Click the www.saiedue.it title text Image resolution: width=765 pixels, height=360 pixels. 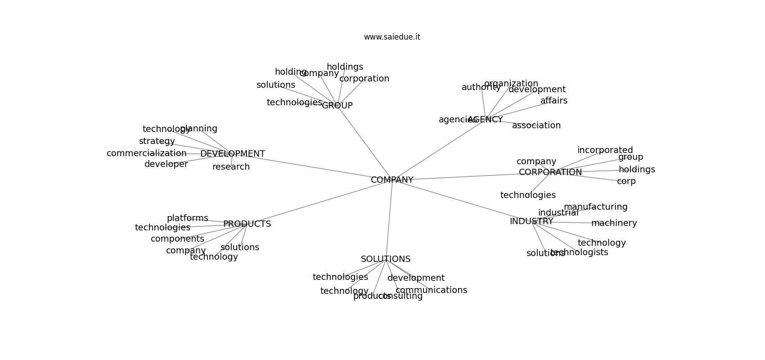pyautogui.click(x=392, y=37)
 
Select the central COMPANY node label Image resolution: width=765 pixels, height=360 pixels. pyautogui.click(x=392, y=180)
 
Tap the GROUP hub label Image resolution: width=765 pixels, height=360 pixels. pyautogui.click(x=337, y=106)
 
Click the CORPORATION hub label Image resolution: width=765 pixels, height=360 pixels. pyautogui.click(x=550, y=172)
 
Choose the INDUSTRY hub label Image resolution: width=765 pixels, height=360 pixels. pyautogui.click(x=531, y=221)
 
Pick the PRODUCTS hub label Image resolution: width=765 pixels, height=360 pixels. pyautogui.click(x=247, y=224)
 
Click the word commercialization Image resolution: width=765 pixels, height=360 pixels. pyautogui.click(x=146, y=153)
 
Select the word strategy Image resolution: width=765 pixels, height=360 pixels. pyautogui.click(x=157, y=141)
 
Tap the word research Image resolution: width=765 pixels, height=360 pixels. pyautogui.click(x=231, y=167)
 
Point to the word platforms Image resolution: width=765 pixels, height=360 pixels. pyautogui.click(x=187, y=218)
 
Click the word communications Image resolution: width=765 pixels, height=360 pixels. pyautogui.click(x=431, y=290)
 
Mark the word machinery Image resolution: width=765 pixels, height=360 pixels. pyautogui.click(x=614, y=223)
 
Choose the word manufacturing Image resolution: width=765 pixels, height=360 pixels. pyautogui.click(x=595, y=207)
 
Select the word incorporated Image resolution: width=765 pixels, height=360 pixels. pyautogui.click(x=605, y=150)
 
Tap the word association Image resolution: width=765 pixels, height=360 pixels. pyautogui.click(x=536, y=126)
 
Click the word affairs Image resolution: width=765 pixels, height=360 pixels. pyautogui.click(x=553, y=101)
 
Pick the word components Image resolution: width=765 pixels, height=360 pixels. pyautogui.click(x=177, y=239)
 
